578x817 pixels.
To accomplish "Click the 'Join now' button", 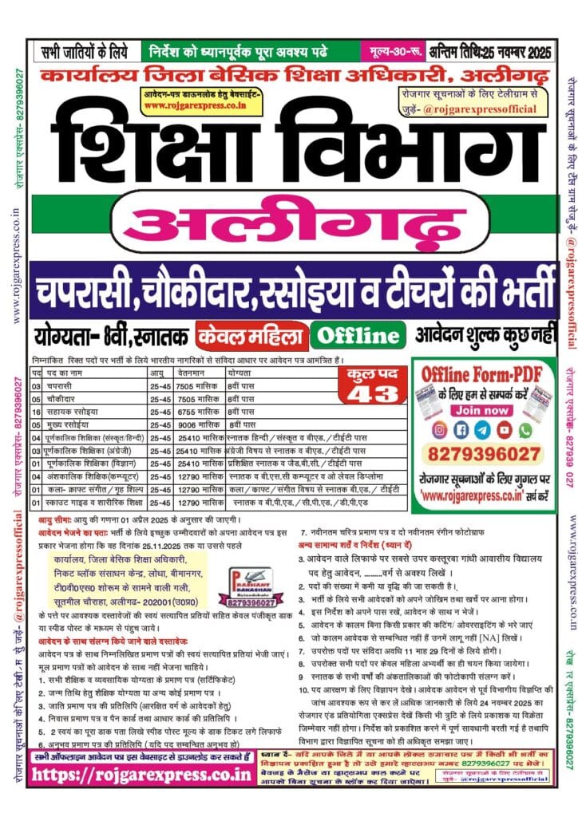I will click(x=485, y=410).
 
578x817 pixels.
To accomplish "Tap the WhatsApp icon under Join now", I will click(x=525, y=430).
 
